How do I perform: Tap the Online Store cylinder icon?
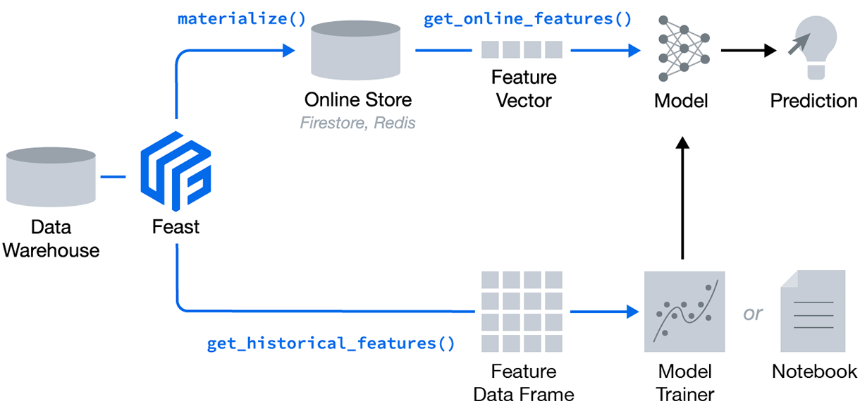click(357, 50)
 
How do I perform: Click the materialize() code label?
click(242, 18)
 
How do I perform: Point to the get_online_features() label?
click(527, 18)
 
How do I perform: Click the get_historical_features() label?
click(331, 343)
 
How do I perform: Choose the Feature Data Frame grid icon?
click(522, 311)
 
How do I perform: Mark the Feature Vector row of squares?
click(522, 50)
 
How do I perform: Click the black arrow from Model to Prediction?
click(749, 50)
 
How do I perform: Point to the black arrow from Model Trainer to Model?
click(682, 197)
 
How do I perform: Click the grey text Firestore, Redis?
click(357, 123)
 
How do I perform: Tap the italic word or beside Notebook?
click(753, 312)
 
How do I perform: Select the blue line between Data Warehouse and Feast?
click(113, 176)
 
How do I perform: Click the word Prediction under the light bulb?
click(813, 101)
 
